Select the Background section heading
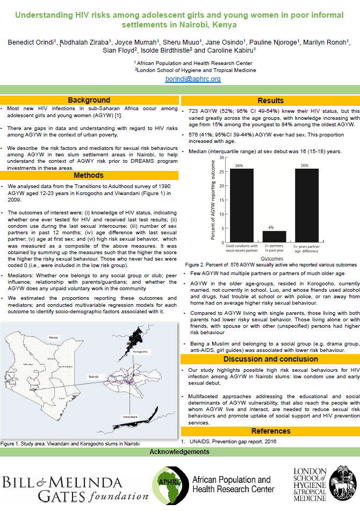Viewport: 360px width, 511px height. click(x=89, y=100)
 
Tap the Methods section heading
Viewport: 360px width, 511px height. click(x=89, y=175)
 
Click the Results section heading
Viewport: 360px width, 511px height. click(x=271, y=100)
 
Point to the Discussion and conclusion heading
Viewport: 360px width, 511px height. click(x=271, y=359)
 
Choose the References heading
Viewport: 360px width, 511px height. click(x=271, y=431)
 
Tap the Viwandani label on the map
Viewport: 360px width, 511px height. click(x=129, y=416)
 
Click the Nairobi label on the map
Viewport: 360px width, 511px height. click(x=93, y=378)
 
